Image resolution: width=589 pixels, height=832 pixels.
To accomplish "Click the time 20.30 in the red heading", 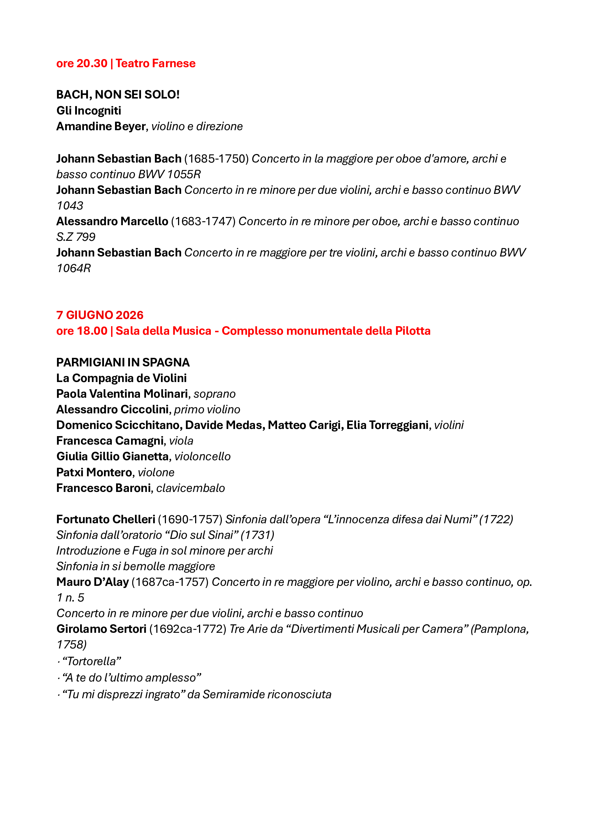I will pos(92,63).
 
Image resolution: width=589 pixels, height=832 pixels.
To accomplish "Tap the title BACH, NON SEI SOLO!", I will pos(118,95).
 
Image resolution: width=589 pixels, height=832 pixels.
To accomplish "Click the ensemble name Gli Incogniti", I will pos(89,111).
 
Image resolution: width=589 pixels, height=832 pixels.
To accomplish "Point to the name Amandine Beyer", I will pos(101,127).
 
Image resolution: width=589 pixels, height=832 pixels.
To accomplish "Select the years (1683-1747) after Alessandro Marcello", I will pos(203,221).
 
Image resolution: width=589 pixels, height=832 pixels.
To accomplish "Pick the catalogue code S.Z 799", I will pos(76,237).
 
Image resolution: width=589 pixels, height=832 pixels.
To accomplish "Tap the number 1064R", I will pos(74,268).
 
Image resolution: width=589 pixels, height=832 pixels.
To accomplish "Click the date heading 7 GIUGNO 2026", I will pos(100,315).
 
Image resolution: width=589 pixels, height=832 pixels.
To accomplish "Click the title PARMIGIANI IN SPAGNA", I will pos(123,362).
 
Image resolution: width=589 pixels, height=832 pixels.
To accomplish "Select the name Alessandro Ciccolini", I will pos(113,409).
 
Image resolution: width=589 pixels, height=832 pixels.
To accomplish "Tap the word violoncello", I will pos(202,457).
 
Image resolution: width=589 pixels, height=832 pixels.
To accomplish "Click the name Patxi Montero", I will pos(94,472).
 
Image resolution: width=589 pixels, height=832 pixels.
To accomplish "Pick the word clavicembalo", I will pos(191,488).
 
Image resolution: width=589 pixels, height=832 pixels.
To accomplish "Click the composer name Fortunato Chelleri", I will pos(105,519).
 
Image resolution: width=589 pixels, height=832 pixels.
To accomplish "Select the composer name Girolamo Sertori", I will pos(101,629).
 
